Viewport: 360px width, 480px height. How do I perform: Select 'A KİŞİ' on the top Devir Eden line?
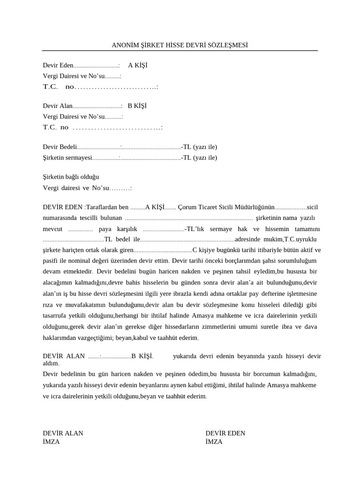point(138,65)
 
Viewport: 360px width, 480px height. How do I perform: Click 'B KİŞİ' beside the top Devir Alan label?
point(137,106)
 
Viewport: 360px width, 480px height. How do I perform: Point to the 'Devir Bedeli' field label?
point(60,147)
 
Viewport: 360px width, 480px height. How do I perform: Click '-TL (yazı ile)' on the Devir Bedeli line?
point(199,147)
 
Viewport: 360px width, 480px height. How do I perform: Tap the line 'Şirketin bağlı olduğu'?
point(71,177)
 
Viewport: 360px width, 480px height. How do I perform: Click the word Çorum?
point(187,207)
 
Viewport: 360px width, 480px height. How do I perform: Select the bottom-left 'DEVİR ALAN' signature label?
point(63,433)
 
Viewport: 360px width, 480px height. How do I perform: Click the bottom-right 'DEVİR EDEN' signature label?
point(225,433)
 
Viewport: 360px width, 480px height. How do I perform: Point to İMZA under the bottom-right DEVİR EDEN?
point(214,442)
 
